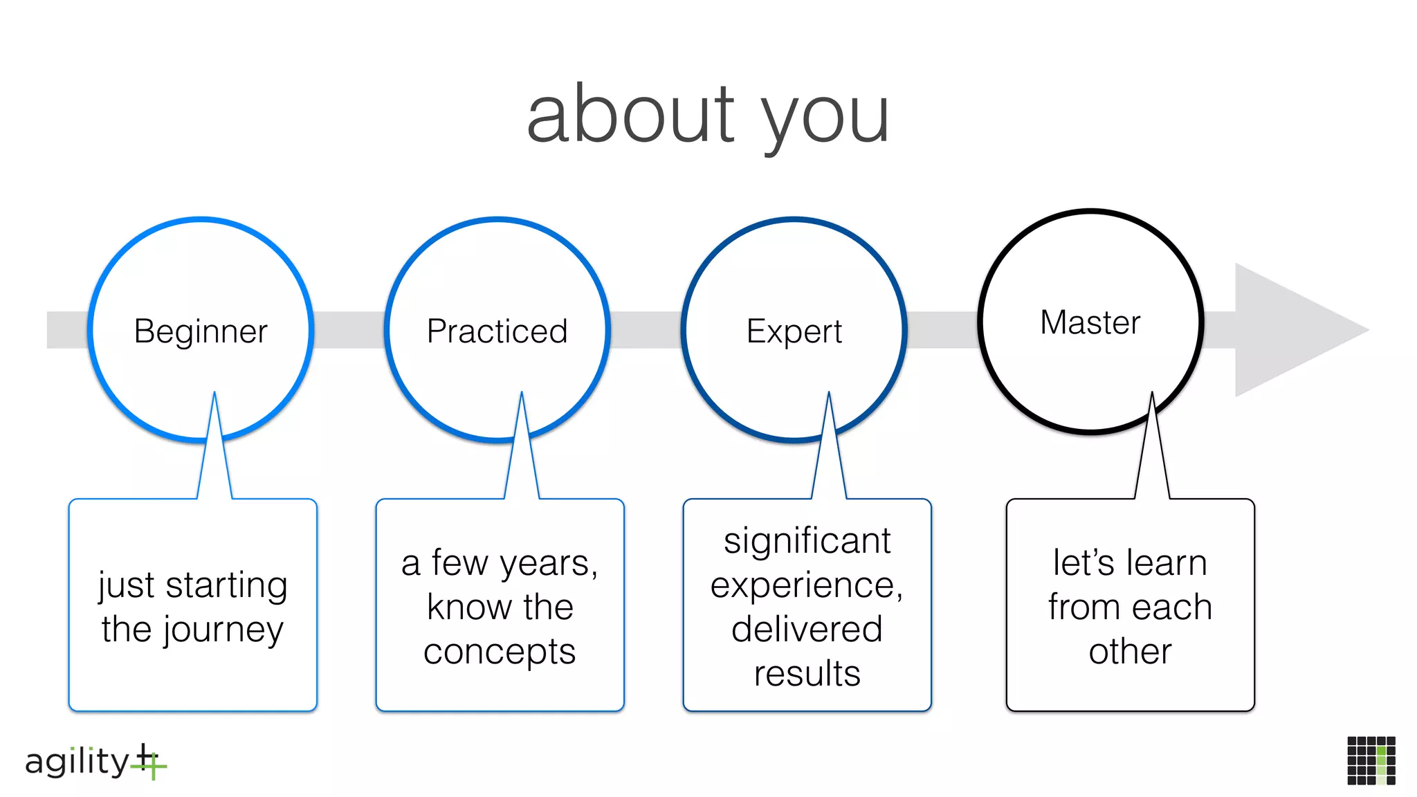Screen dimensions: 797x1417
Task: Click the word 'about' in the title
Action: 630,114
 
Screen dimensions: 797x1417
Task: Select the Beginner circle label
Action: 201,331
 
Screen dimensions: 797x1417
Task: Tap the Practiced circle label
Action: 497,331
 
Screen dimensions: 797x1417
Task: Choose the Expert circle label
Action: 794,331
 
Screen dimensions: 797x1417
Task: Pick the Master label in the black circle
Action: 1090,322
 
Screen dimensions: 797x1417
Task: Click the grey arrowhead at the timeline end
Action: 1294,330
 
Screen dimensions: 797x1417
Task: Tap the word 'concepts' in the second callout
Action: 500,652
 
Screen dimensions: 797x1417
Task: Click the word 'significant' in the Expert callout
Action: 807,541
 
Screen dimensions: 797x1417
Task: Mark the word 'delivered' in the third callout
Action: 807,630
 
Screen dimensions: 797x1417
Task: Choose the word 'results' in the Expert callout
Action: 807,674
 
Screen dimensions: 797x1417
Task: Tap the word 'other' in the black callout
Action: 1130,652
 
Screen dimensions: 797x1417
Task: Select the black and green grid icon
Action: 1371,760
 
